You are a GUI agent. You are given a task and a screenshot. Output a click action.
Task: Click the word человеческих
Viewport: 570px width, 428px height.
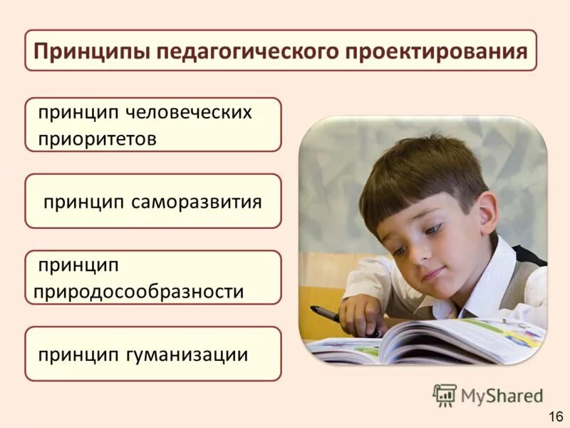pyautogui.click(x=190, y=113)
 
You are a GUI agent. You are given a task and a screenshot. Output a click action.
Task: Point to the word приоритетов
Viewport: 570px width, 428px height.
pyautogui.click(x=97, y=138)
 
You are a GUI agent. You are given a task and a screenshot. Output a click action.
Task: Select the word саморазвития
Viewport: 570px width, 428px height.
pyautogui.click(x=197, y=202)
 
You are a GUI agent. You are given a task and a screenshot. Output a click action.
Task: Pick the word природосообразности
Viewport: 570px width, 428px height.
pyautogui.click(x=139, y=292)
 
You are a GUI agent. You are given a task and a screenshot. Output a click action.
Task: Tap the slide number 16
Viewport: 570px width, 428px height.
pyautogui.click(x=556, y=416)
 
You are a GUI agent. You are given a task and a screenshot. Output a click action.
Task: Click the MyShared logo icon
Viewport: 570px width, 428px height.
pyautogui.click(x=445, y=394)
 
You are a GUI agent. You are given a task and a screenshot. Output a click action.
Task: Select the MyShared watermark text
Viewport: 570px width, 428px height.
pyautogui.click(x=502, y=395)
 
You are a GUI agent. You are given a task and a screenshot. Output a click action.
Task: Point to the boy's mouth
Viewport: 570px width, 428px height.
pyautogui.click(x=432, y=274)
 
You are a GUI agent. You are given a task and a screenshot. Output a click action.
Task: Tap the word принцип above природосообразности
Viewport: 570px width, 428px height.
pyautogui.click(x=78, y=265)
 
